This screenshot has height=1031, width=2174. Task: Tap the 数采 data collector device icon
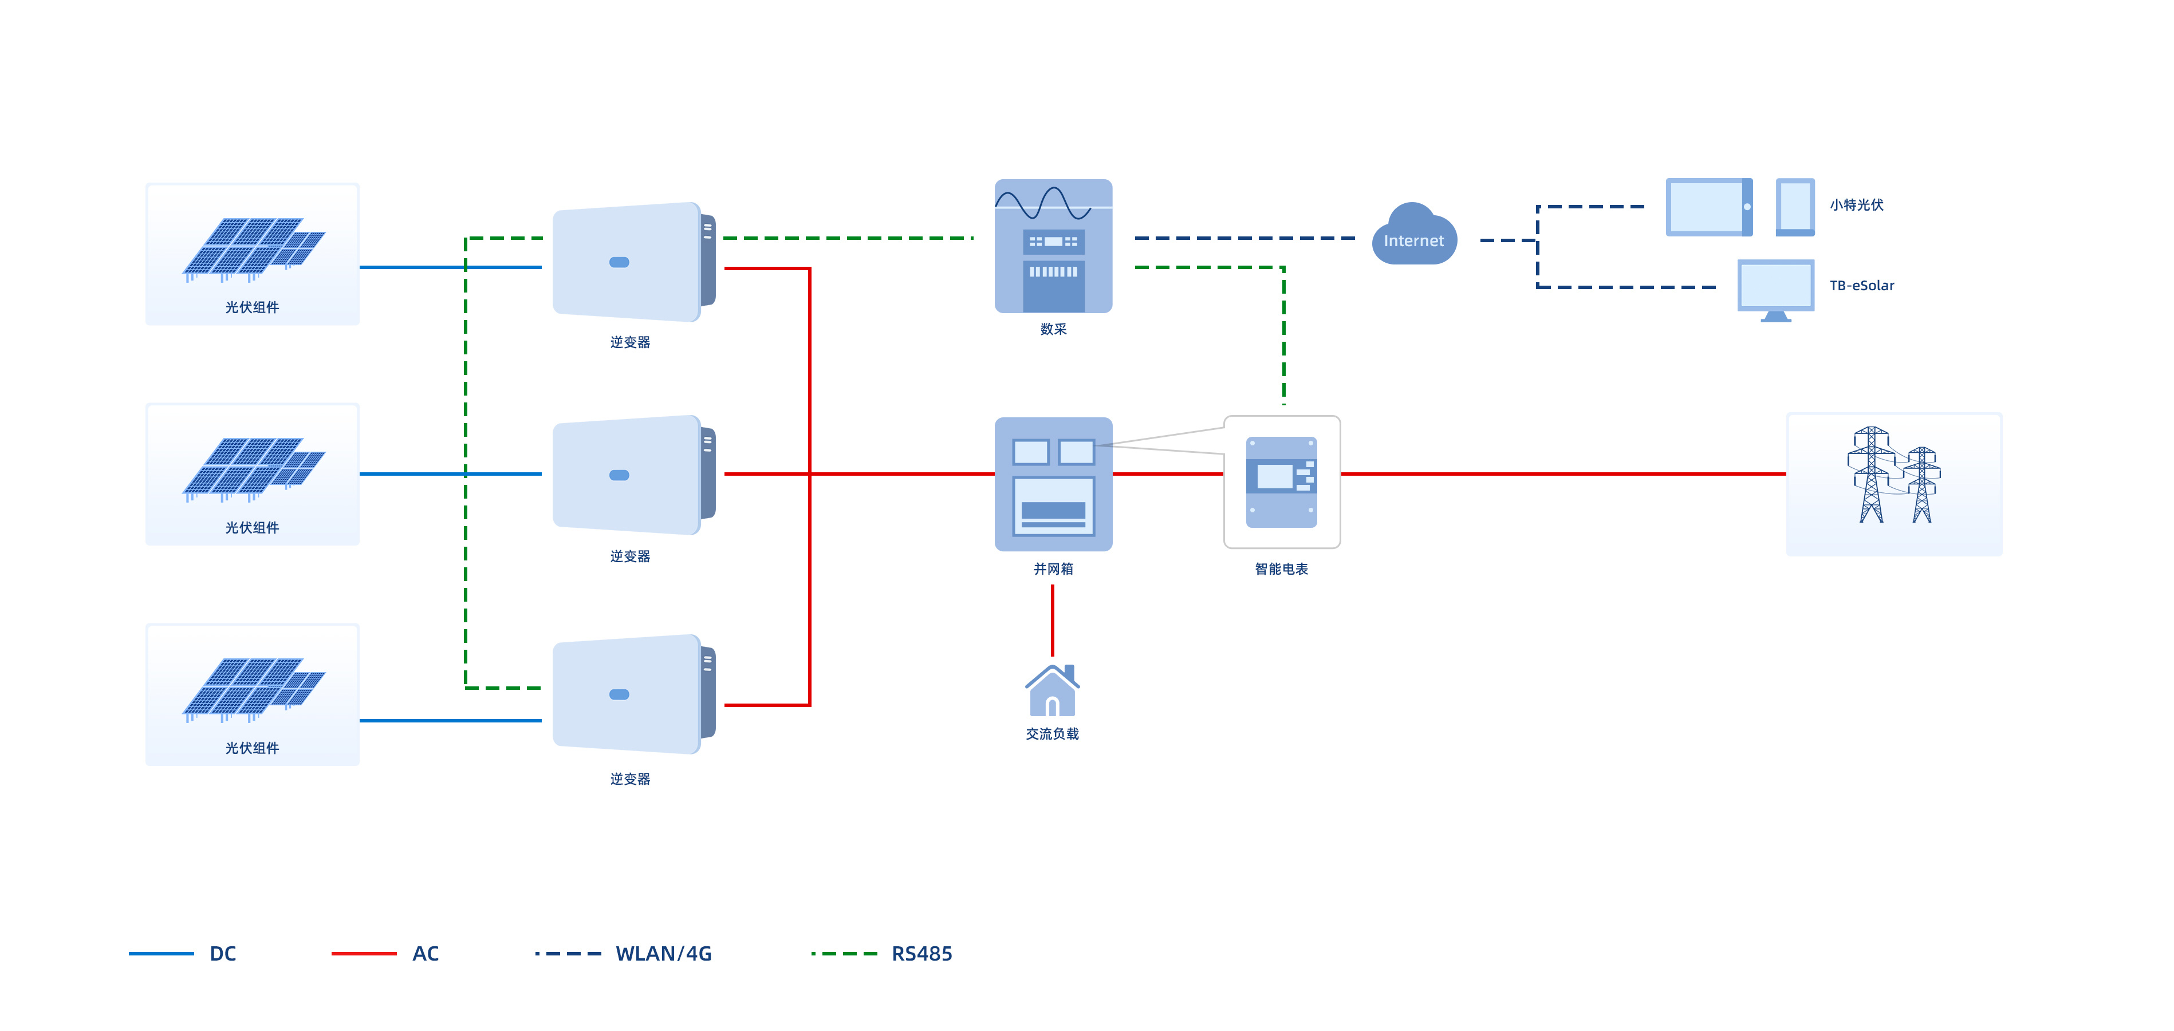[1053, 246]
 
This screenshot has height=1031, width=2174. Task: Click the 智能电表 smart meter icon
[1281, 482]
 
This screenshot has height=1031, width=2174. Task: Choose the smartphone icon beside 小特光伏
[1795, 207]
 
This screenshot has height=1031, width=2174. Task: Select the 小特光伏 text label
[1856, 205]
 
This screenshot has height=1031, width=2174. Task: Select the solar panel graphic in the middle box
[253, 468]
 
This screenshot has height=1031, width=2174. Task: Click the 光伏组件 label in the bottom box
[251, 748]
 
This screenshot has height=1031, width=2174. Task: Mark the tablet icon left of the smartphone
[1708, 207]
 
